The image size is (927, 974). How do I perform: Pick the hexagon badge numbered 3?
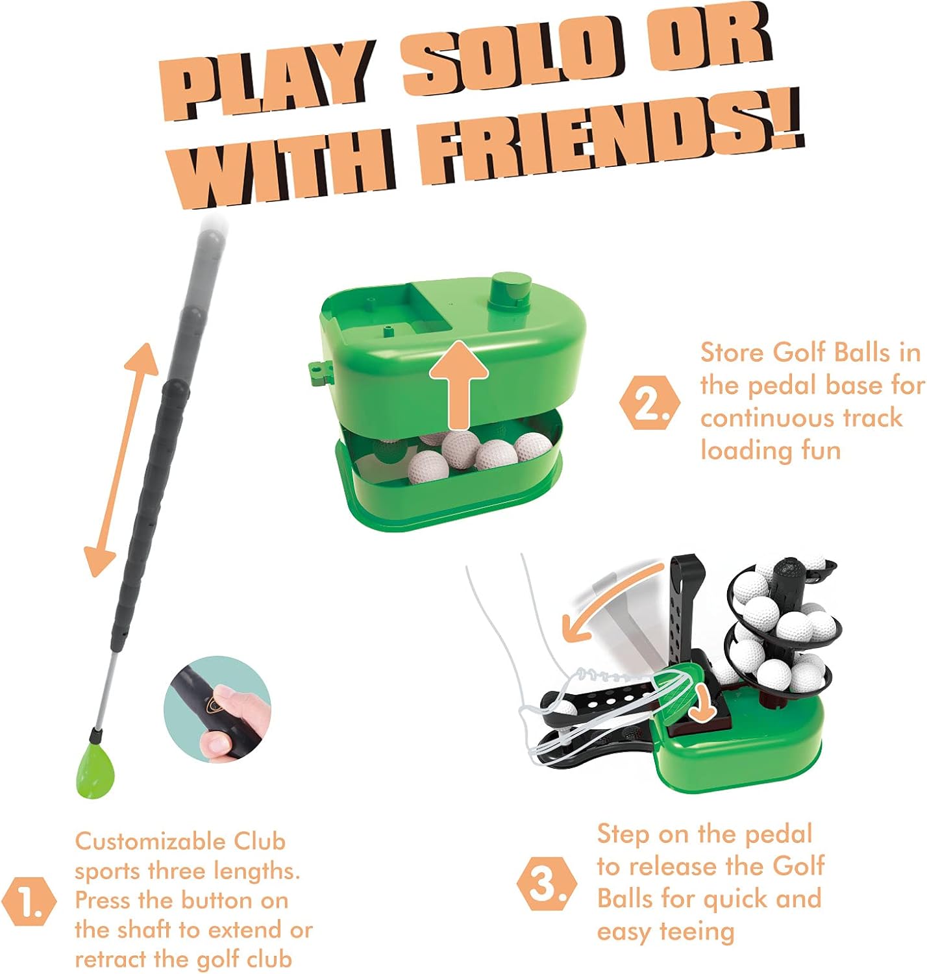click(546, 884)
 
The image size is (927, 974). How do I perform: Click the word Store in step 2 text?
click(732, 353)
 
